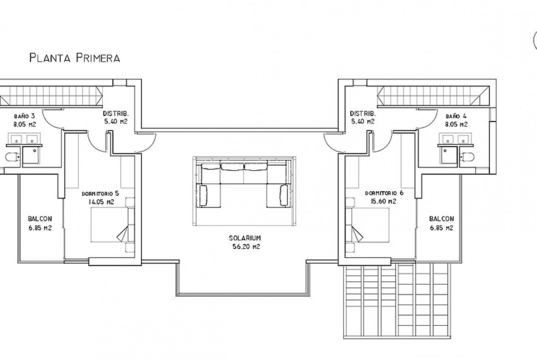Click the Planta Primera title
point(75,58)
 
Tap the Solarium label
point(245,238)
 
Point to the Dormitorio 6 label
point(384,193)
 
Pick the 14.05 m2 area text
point(101,202)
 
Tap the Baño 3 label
point(24,116)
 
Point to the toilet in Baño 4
point(467,157)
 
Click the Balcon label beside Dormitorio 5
point(40,219)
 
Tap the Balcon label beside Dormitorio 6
point(442,219)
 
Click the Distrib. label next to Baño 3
point(116,113)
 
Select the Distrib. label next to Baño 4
point(363,113)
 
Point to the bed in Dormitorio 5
point(112,225)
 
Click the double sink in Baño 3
point(23,139)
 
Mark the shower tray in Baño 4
point(449,156)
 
